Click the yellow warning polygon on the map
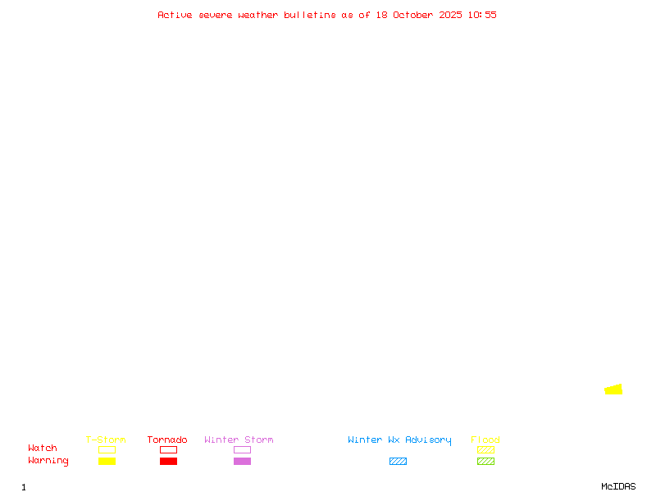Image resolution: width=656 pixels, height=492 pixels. tap(614, 389)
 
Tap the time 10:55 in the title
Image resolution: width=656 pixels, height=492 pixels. tap(482, 15)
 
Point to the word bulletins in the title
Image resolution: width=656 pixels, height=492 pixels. tap(310, 15)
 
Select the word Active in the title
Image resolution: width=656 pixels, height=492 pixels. tap(175, 15)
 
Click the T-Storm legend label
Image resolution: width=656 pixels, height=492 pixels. tap(106, 440)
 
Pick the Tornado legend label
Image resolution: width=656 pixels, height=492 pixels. tap(167, 440)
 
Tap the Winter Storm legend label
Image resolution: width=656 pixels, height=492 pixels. tap(239, 440)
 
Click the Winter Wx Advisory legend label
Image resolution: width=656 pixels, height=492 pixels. tap(399, 440)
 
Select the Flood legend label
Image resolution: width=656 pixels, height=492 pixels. tap(485, 440)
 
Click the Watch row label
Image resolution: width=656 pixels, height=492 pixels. tap(43, 449)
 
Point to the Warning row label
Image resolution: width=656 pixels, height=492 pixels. tap(48, 461)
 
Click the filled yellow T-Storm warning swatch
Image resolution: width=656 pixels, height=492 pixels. tap(107, 462)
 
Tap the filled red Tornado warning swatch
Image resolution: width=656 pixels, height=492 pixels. tap(168, 462)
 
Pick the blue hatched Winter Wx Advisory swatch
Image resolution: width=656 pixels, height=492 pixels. tap(398, 462)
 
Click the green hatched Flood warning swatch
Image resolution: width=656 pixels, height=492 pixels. tap(485, 462)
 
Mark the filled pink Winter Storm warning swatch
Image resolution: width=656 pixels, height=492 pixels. tap(242, 462)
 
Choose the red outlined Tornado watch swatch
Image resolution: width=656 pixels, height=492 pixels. tap(168, 450)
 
